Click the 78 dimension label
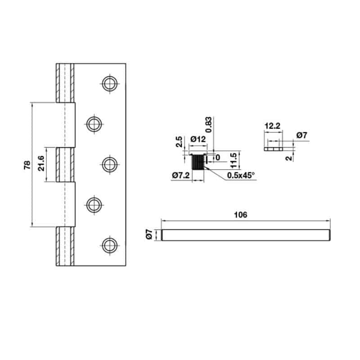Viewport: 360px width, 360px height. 27,165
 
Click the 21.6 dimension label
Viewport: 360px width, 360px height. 40,164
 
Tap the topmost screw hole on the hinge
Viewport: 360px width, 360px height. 109,83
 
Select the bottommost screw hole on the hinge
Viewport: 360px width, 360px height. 109,245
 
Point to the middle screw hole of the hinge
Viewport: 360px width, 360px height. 109,164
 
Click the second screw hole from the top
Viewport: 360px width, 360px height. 94,124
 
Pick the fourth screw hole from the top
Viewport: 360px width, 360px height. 94,205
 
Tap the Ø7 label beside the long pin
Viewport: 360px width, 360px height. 150,234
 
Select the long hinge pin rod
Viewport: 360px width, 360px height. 246,235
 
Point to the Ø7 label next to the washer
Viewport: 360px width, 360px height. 302,135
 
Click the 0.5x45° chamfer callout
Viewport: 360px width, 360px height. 241,175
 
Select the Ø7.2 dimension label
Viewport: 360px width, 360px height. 181,175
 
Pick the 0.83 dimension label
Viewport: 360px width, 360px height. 208,124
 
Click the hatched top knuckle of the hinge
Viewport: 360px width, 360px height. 64,82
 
